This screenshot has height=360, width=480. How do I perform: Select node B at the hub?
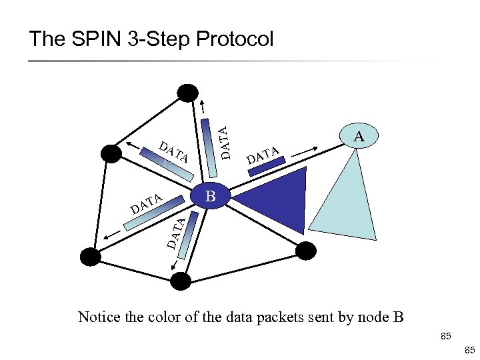pos(211,196)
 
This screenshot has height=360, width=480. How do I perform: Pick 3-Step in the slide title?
pos(158,39)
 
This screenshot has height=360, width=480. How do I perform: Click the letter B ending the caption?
pos(398,317)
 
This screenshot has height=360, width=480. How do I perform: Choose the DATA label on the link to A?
pos(262,155)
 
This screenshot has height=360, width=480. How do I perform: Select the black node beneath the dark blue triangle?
pos(304,251)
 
